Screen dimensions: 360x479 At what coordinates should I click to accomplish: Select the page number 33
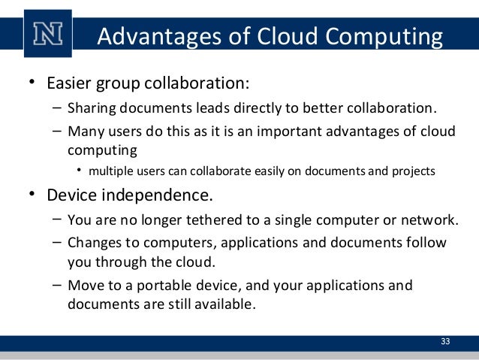pyautogui.click(x=445, y=342)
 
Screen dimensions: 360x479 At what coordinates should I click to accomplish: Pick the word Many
pyautogui.click(x=83, y=132)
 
